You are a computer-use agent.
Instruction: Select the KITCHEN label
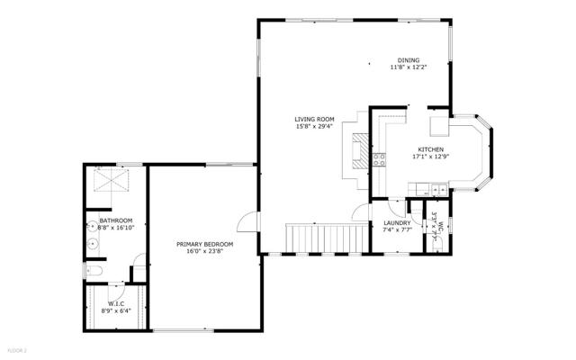click(430, 149)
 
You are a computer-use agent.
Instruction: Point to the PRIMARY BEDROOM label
click(204, 244)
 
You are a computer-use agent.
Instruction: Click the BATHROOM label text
click(116, 220)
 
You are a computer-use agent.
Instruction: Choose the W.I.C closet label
click(116, 303)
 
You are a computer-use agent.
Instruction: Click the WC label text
click(441, 225)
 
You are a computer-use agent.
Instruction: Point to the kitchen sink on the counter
click(436, 188)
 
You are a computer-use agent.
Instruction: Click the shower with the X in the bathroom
click(109, 184)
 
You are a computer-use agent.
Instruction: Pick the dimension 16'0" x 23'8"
click(204, 252)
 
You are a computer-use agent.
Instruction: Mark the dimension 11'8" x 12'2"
click(408, 67)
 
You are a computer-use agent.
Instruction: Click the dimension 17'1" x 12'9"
click(430, 157)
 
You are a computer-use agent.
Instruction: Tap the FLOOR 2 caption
click(17, 349)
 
